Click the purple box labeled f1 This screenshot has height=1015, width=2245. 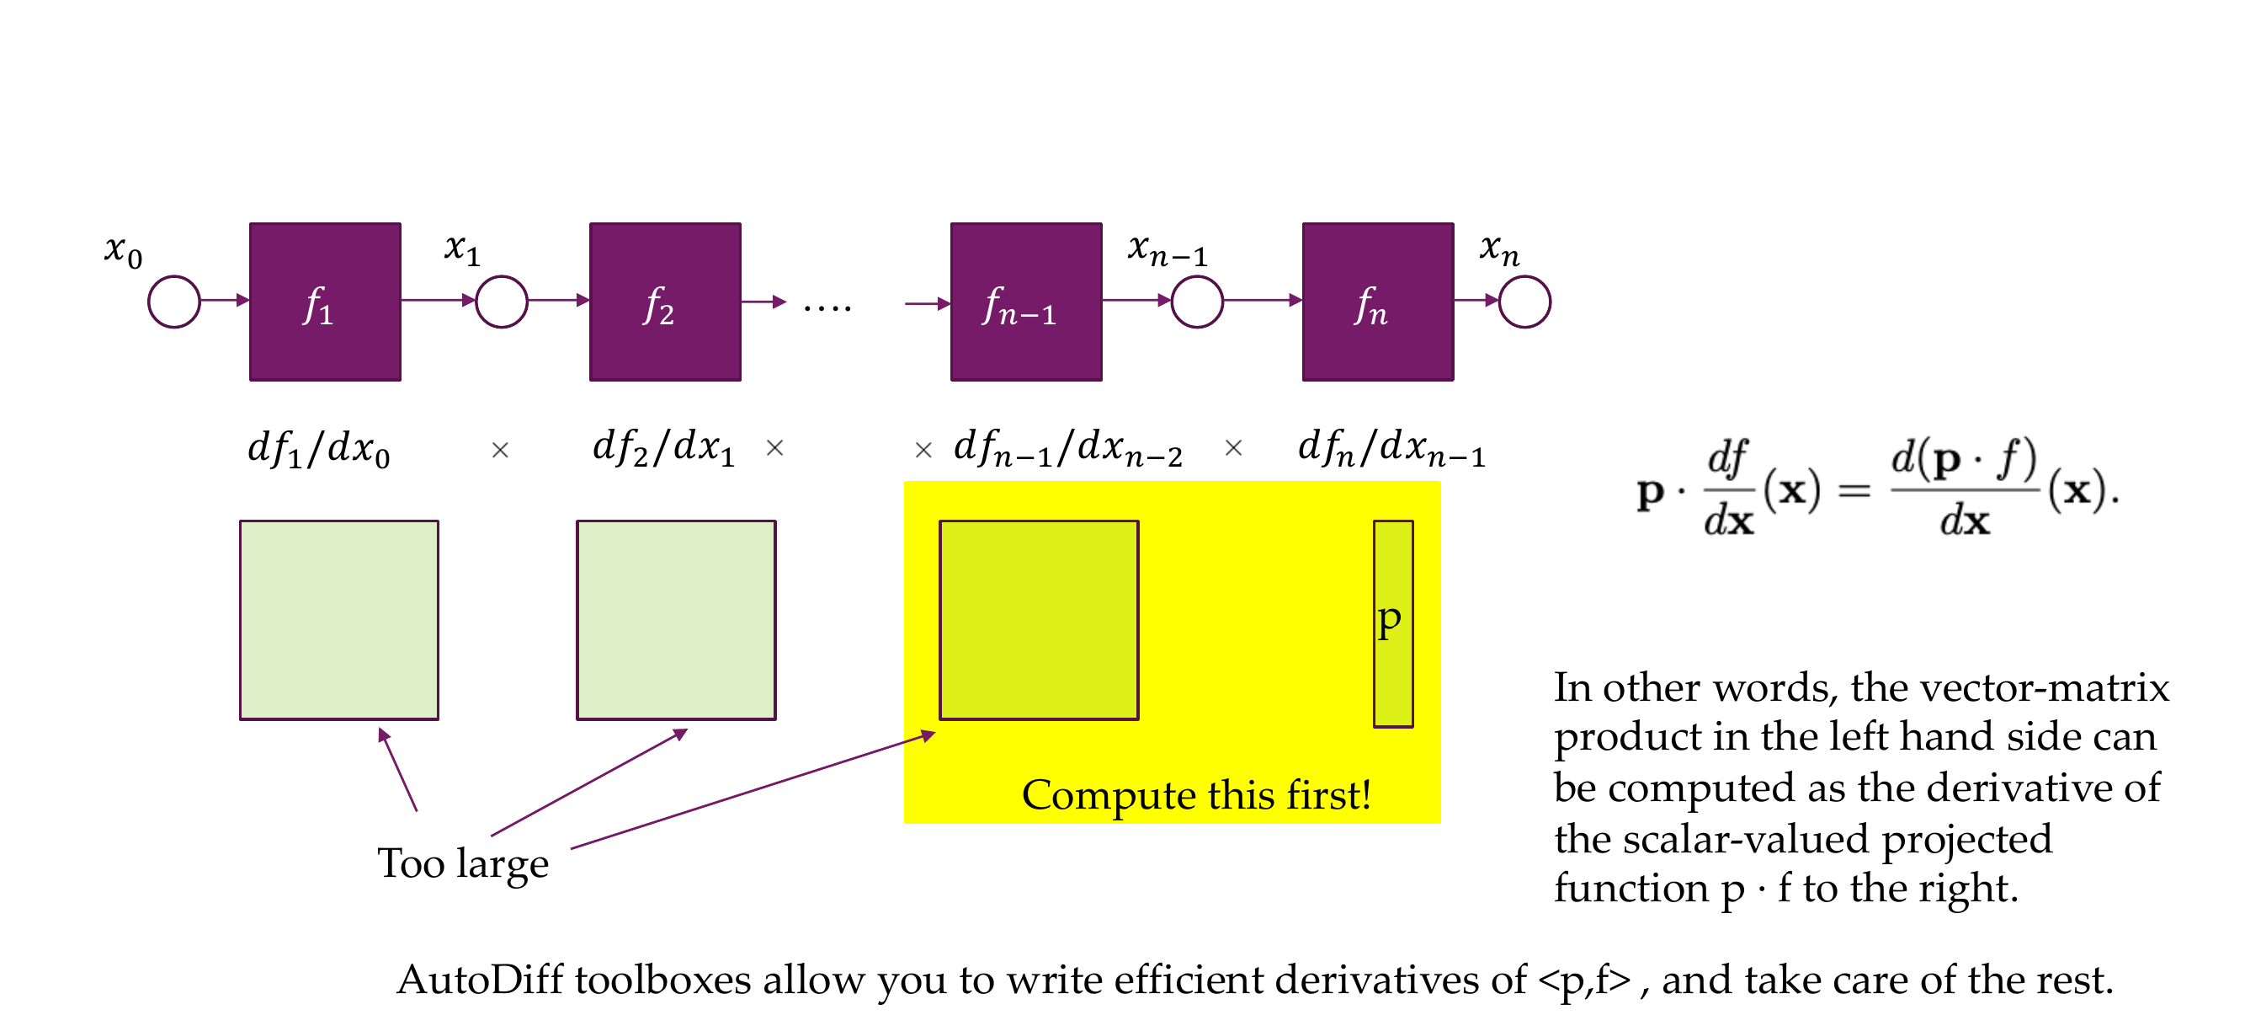pos(325,302)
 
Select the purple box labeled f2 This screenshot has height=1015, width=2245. pos(665,302)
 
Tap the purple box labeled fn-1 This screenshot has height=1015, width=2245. pos(1026,302)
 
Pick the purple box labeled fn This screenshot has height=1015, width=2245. pos(1377,302)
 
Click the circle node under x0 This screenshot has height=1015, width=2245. pos(174,302)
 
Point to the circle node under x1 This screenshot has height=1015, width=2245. pos(501,302)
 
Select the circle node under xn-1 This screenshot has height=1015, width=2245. pos(1197,302)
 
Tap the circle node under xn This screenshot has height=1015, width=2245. pos(1524,302)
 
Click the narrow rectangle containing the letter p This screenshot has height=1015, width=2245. pos(1392,623)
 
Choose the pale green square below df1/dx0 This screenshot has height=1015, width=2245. pos(339,620)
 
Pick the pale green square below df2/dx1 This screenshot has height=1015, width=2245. pos(675,620)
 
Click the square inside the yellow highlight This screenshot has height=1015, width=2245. pos(1038,620)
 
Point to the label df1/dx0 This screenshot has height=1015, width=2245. pos(319,449)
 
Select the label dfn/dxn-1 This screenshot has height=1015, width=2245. pos(1391,449)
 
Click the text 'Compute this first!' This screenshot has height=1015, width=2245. pos(1195,794)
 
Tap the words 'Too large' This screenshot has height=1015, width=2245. pos(463,863)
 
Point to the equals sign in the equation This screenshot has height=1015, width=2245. pos(1854,492)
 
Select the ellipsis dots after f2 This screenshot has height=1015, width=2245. pos(827,307)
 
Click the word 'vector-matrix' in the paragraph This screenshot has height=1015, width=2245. pos(2009,687)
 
